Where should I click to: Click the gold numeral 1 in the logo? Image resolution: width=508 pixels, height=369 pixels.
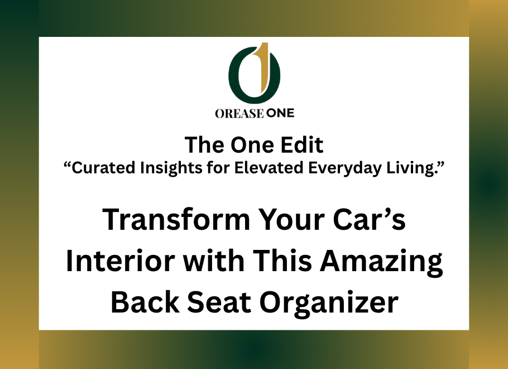click(x=265, y=68)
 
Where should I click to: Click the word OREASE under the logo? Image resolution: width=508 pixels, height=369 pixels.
click(x=239, y=113)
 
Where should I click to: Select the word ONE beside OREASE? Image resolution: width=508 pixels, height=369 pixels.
click(x=280, y=113)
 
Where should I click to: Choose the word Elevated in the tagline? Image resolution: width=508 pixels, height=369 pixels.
click(x=269, y=168)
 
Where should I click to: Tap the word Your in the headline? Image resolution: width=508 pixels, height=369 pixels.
click(x=291, y=220)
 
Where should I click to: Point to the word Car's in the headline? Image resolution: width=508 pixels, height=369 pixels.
click(x=369, y=219)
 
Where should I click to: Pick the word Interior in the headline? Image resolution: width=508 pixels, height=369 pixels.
click(x=121, y=261)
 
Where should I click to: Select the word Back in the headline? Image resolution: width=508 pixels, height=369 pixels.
click(x=145, y=302)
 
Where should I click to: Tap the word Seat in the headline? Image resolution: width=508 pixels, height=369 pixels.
click(x=219, y=302)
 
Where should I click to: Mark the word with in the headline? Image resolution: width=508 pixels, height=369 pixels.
click(x=213, y=261)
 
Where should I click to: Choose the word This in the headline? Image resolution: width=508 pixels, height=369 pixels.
click(x=282, y=261)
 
